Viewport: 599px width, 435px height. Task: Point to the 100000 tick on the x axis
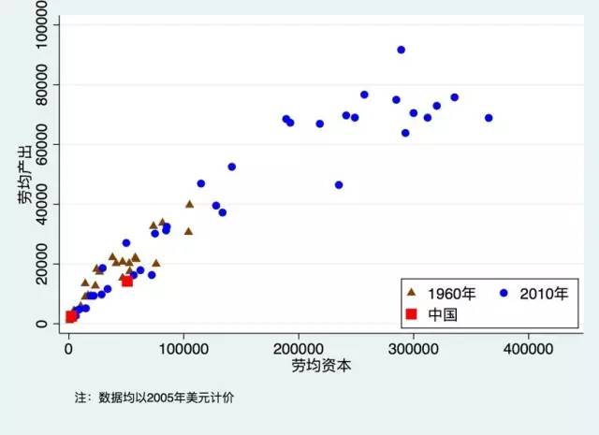pyautogui.click(x=183, y=347)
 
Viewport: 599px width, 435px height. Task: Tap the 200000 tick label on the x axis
pyautogui.click(x=299, y=347)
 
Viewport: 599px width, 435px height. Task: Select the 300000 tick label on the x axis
pyautogui.click(x=414, y=347)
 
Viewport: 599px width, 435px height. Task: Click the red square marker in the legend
pyautogui.click(x=410, y=314)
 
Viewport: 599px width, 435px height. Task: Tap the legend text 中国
pyautogui.click(x=443, y=314)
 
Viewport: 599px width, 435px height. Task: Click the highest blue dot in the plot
pyautogui.click(x=402, y=50)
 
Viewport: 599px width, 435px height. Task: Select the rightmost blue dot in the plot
pyautogui.click(x=489, y=118)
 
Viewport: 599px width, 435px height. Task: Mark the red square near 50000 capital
pyautogui.click(x=127, y=281)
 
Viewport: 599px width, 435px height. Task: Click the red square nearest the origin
pyautogui.click(x=70, y=317)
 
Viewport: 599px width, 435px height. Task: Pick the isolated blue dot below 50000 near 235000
pyautogui.click(x=339, y=185)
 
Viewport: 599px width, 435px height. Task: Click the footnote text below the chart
pyautogui.click(x=154, y=398)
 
